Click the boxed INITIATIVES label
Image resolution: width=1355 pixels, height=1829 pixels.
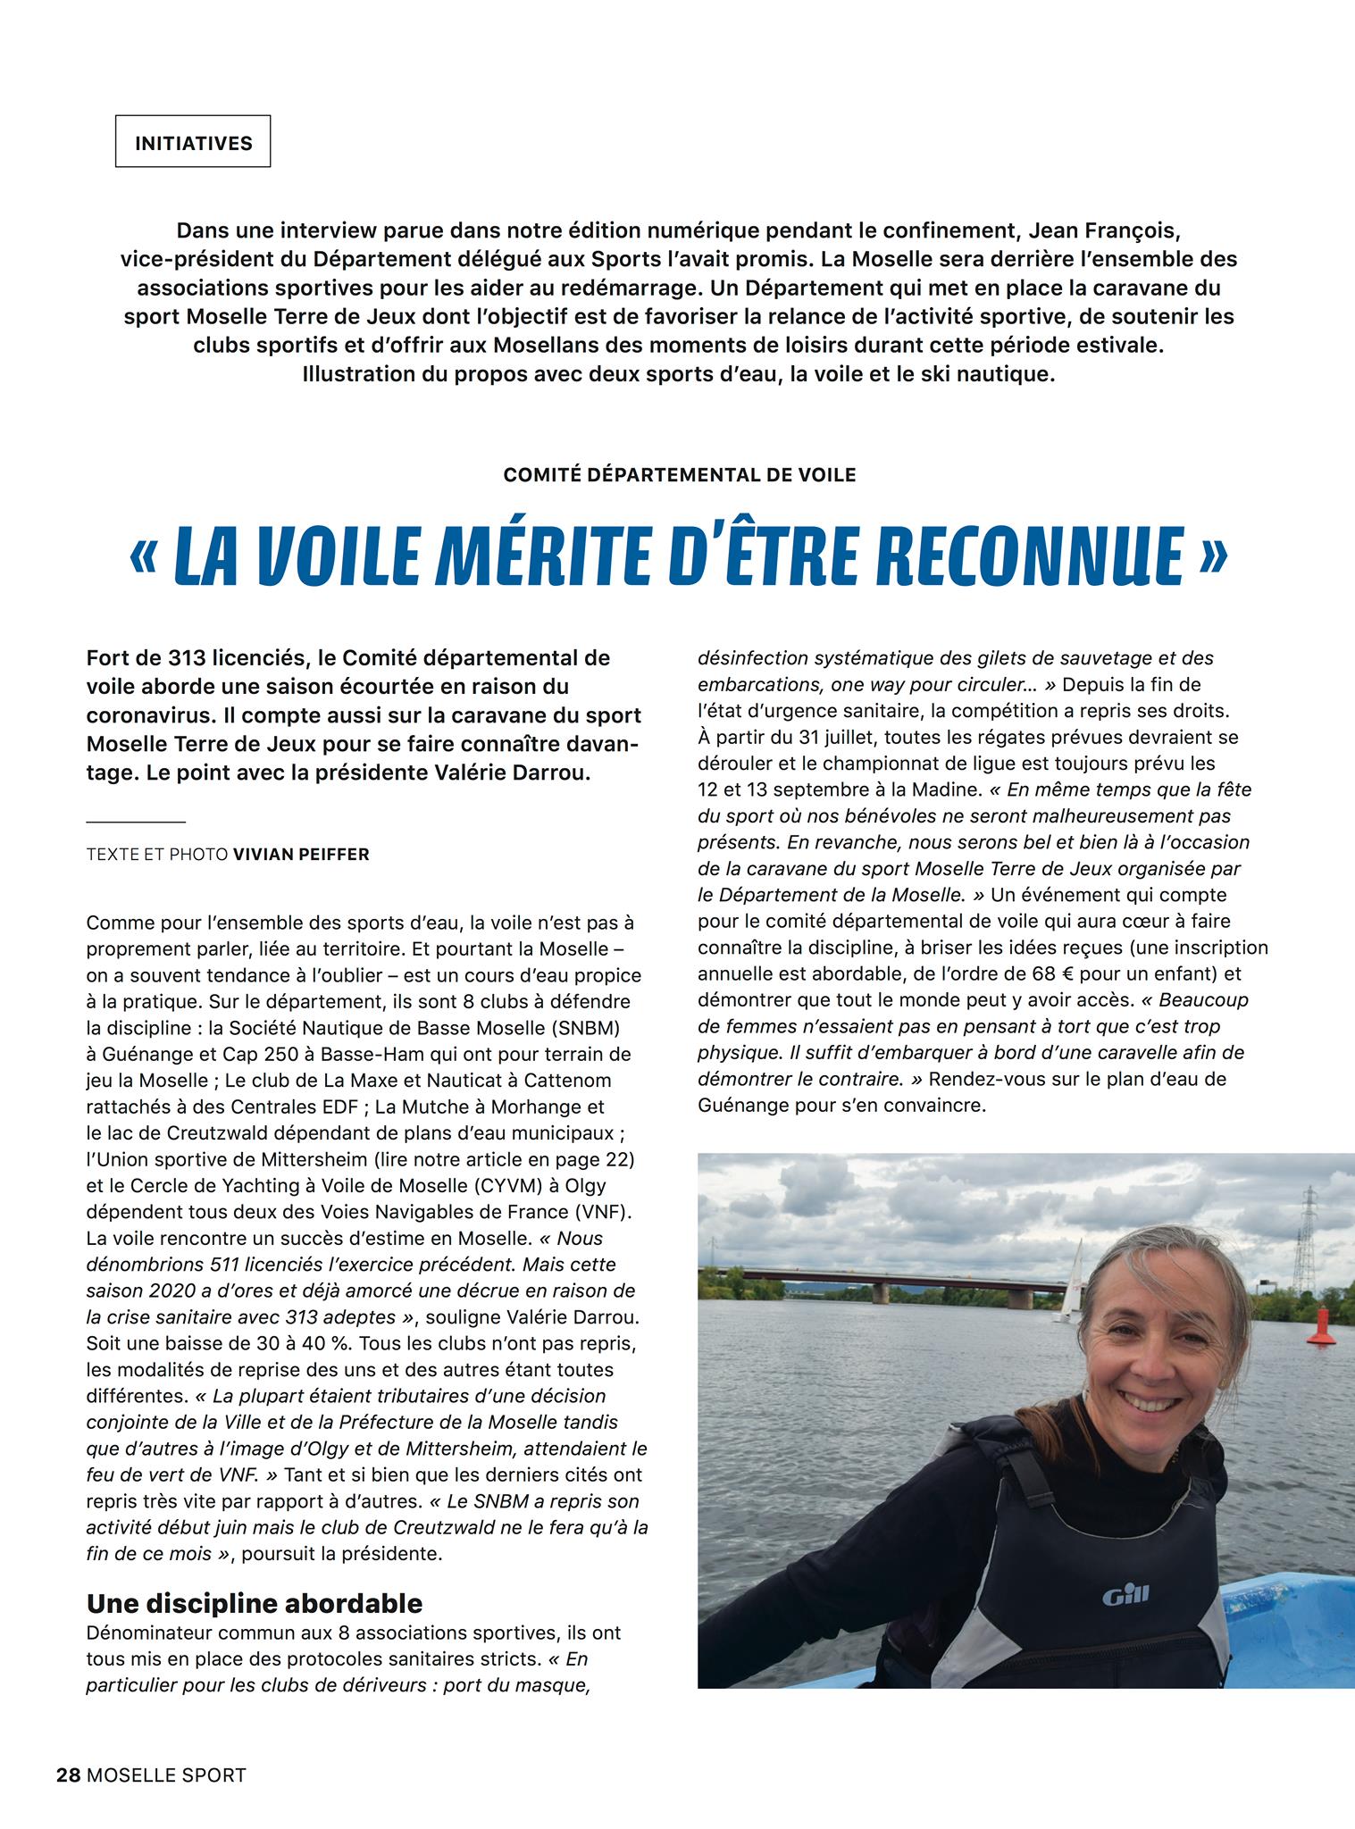click(x=193, y=143)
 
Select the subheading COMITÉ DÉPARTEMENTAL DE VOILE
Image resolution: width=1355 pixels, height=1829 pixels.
click(x=680, y=475)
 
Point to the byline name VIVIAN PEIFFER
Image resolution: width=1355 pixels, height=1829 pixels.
click(x=301, y=855)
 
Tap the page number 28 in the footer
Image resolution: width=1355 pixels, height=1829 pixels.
click(x=68, y=1775)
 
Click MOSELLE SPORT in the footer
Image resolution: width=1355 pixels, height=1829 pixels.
click(x=166, y=1775)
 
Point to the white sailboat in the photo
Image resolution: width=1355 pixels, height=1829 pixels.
click(x=1070, y=1284)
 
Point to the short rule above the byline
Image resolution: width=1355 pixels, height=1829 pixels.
click(x=136, y=821)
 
